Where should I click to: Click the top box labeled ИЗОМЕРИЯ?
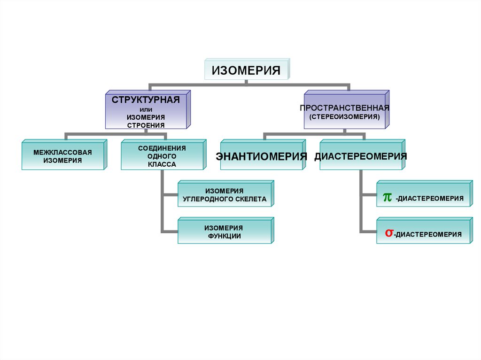point(246,70)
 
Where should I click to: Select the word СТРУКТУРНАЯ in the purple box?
point(146,100)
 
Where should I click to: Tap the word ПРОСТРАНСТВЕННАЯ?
point(345,108)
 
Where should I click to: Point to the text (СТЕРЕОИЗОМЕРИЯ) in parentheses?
point(345,116)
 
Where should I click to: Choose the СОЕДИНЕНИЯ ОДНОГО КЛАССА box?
point(162,156)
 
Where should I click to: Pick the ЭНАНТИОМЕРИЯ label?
point(261,156)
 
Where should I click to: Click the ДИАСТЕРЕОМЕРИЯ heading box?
point(360,156)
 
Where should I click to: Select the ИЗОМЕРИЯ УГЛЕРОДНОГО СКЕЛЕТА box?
point(224,195)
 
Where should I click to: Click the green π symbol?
point(387,197)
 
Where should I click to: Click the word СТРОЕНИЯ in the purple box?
point(146,125)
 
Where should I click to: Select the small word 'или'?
point(146,109)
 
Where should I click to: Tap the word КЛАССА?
point(162,164)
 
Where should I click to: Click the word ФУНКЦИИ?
point(224,236)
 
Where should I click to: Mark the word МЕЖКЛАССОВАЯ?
point(62,152)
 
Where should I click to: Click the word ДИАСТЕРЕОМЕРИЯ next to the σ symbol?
point(428,234)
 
